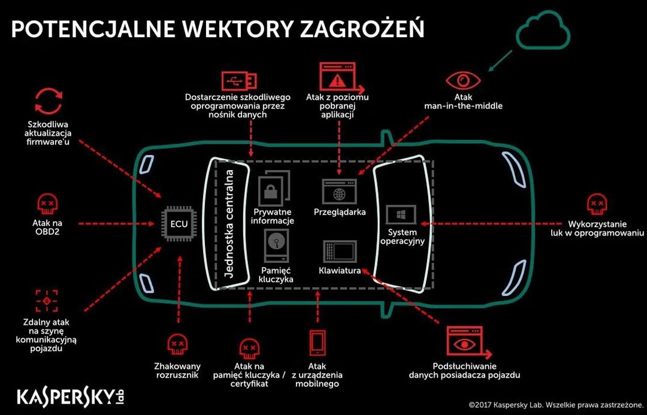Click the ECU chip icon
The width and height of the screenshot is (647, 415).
(x=179, y=225)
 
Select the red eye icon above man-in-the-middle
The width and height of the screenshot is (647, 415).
(x=462, y=81)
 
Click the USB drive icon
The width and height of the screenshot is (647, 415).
(x=239, y=80)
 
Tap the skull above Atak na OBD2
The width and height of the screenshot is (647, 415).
(x=48, y=204)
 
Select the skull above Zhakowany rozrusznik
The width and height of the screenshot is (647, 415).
(x=177, y=344)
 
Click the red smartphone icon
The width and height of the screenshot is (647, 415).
(x=317, y=343)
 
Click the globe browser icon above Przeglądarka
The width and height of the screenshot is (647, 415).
(x=339, y=193)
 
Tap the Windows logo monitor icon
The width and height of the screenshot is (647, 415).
(x=401, y=214)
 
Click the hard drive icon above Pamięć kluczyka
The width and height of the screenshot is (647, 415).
(x=276, y=246)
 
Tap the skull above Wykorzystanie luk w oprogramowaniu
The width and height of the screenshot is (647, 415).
(x=597, y=204)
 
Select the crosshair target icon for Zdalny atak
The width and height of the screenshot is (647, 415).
(x=46, y=301)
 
